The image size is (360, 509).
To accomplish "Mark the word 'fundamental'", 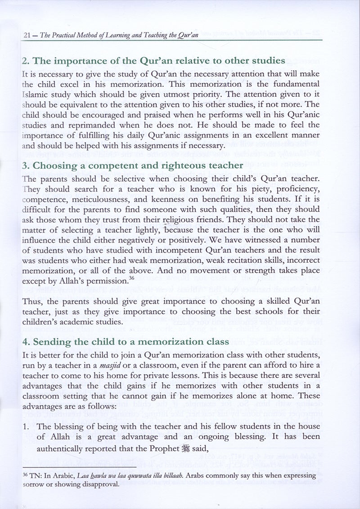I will pos(296,84).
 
